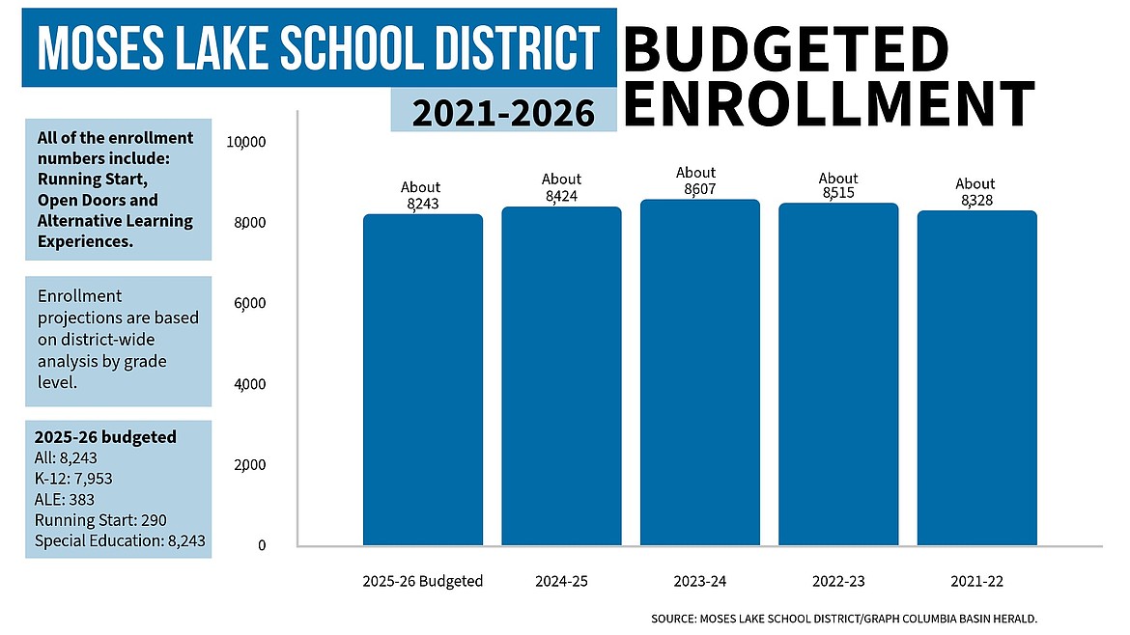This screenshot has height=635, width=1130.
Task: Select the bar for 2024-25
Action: (561, 376)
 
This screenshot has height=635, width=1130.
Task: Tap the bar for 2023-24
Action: (699, 373)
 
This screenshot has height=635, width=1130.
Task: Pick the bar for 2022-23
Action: (838, 374)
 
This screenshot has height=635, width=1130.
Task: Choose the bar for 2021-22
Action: (976, 378)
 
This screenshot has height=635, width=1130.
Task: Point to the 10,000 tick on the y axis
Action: (245, 142)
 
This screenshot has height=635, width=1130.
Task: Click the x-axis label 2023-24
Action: (699, 582)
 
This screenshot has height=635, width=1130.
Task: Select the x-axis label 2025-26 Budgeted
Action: (422, 582)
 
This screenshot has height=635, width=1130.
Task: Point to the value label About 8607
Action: (696, 181)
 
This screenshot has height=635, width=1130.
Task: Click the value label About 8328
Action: (975, 192)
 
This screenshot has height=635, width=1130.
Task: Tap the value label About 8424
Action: (561, 187)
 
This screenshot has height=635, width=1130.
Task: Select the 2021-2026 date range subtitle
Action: (503, 113)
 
